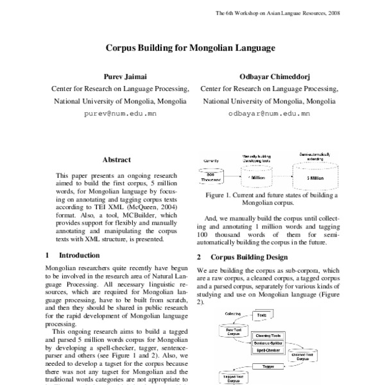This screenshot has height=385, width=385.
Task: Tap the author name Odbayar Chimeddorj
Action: pos(269,75)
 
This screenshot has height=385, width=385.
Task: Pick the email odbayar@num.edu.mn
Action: pos(269,114)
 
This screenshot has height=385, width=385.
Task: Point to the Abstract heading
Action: pos(116,160)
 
